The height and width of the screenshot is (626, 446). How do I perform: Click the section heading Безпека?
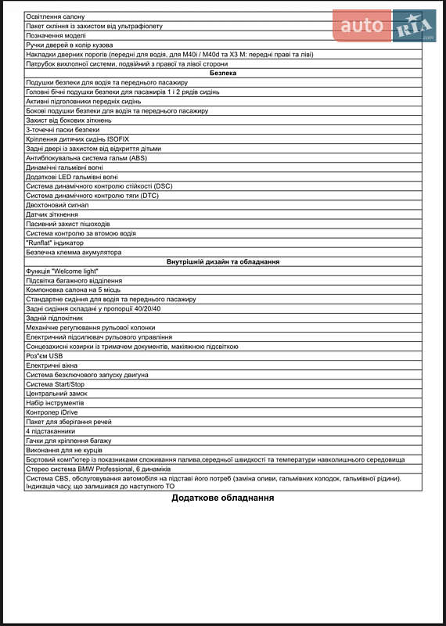click(x=223, y=73)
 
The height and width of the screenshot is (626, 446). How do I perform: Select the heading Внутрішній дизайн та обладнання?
click(x=223, y=261)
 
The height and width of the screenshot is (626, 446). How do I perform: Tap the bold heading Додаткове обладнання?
click(x=223, y=498)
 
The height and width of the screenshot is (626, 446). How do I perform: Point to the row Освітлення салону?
click(x=56, y=16)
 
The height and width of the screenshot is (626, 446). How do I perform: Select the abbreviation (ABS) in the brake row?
click(x=138, y=157)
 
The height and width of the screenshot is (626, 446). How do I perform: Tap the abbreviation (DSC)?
click(x=162, y=185)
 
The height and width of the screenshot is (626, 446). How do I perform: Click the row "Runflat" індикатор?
click(x=54, y=243)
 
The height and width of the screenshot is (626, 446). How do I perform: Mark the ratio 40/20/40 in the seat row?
click(x=146, y=308)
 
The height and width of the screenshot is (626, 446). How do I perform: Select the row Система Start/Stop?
click(x=55, y=384)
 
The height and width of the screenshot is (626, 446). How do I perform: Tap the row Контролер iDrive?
click(x=52, y=412)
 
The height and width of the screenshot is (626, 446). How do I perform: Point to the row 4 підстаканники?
click(x=50, y=431)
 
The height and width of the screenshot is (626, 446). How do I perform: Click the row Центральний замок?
click(x=56, y=394)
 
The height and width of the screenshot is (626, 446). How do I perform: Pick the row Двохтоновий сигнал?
click(x=57, y=204)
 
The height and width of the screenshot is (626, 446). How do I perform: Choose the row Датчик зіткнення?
click(x=52, y=214)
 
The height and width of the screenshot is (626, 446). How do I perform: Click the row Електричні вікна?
click(x=52, y=365)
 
